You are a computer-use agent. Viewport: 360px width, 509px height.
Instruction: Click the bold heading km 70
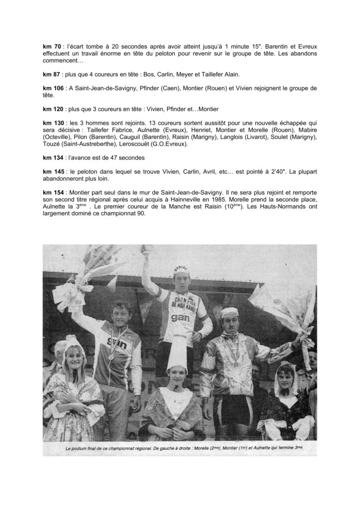coord(51,45)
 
